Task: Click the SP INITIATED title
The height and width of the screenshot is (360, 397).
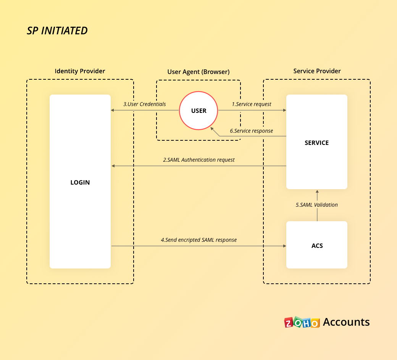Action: click(x=57, y=31)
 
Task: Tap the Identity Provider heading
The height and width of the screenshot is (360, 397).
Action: click(x=80, y=71)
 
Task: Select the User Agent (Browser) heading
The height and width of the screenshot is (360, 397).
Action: click(x=198, y=72)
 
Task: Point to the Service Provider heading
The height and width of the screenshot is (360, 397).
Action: click(x=317, y=71)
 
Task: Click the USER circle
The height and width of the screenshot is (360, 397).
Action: click(x=198, y=111)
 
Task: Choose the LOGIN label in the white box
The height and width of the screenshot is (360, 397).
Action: click(x=80, y=182)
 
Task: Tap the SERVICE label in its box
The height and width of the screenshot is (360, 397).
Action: click(x=316, y=143)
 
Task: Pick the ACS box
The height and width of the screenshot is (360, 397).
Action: click(x=317, y=245)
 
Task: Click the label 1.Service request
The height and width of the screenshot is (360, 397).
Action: click(x=252, y=104)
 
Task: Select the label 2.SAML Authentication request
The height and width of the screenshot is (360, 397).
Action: click(x=199, y=160)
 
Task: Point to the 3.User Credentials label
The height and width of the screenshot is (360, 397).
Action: click(x=145, y=104)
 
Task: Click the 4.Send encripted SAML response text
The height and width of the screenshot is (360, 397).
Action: click(x=198, y=240)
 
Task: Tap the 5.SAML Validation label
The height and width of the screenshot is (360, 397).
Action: click(x=317, y=205)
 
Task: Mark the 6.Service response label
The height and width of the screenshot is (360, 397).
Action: click(x=252, y=131)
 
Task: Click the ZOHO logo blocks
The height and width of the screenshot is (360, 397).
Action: click(x=302, y=322)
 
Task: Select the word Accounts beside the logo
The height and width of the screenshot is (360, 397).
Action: click(x=346, y=322)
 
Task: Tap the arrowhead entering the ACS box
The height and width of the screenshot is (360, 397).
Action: click(x=284, y=246)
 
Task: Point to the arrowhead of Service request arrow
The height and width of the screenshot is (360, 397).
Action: click(x=284, y=111)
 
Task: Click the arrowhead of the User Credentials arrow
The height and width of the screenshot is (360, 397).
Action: click(x=113, y=111)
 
